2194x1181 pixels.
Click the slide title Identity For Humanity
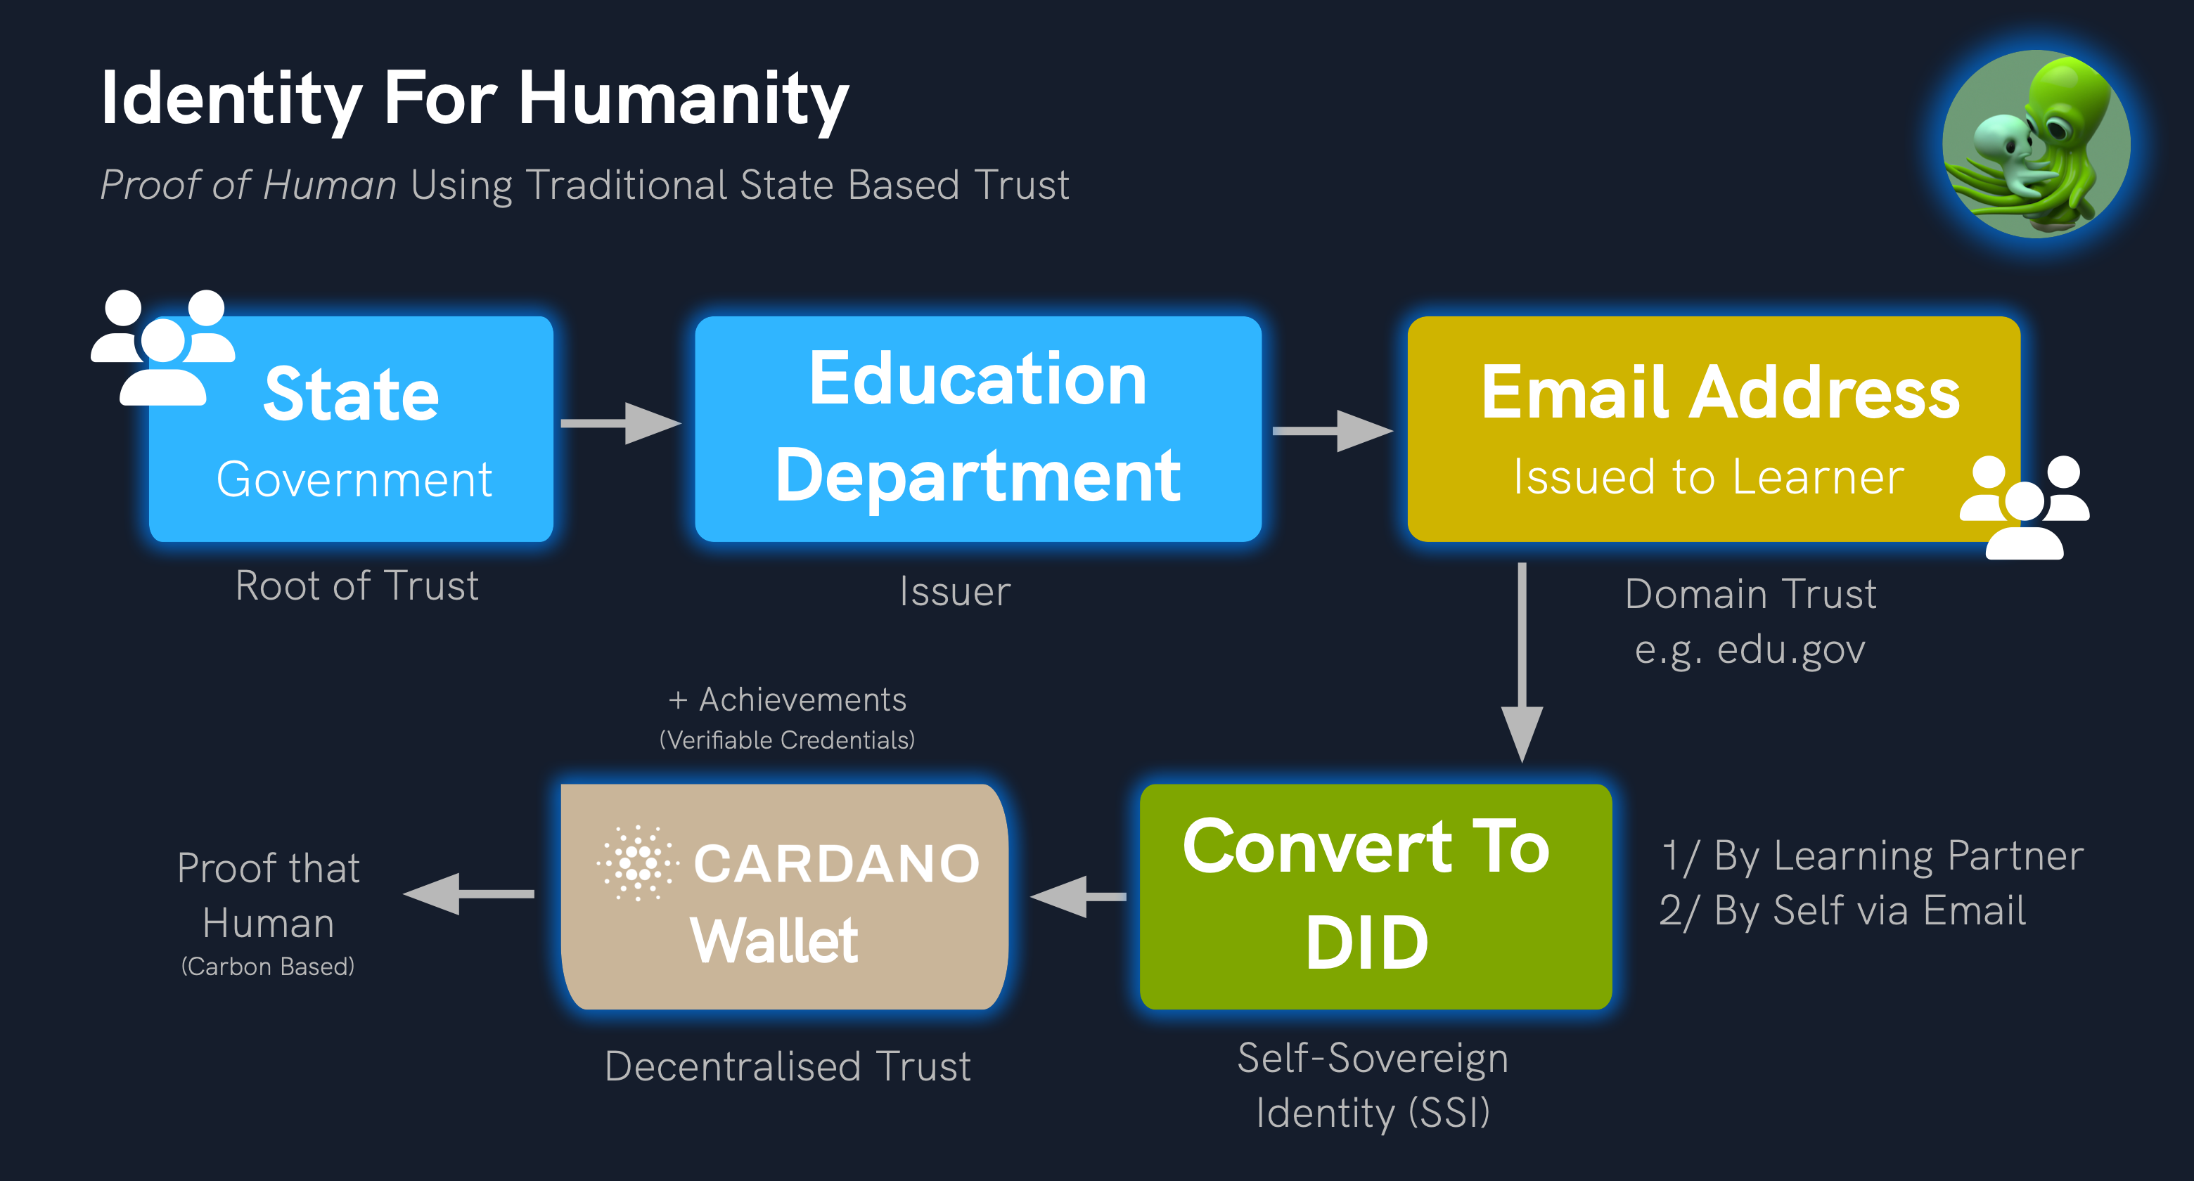475,100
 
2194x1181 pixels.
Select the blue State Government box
351,429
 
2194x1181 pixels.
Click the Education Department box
977,429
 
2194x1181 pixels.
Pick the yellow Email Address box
1714,429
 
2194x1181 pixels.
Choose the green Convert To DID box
1375,896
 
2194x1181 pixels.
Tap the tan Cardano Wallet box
784,896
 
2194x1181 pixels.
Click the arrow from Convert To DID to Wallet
1077,896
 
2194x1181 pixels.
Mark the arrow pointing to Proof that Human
468,893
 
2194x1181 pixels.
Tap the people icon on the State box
162,347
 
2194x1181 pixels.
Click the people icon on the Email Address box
2024,507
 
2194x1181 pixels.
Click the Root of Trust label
357,586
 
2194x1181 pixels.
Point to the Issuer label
955,592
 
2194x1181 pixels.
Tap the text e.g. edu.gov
1750,650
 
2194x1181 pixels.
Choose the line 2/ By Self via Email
1842,910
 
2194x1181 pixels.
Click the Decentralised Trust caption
788,1066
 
